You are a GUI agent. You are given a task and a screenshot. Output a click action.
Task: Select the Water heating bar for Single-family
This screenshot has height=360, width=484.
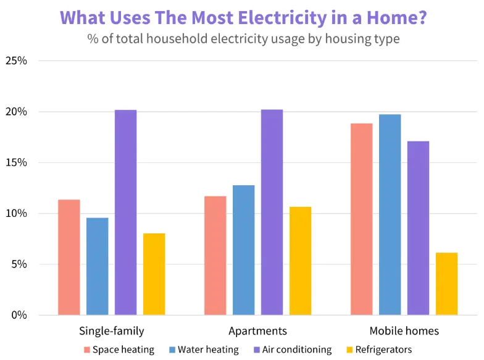pos(97,266)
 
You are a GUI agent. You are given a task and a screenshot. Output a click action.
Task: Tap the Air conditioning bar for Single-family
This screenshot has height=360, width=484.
pos(125,212)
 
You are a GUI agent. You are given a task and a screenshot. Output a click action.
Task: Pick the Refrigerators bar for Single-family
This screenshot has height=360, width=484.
pos(154,274)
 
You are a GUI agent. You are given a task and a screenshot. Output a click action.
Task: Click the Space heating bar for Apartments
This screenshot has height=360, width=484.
pos(215,256)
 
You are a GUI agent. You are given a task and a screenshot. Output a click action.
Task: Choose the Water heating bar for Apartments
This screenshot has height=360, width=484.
pos(243,250)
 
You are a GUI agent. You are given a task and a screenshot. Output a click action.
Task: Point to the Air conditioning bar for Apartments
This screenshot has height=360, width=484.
pos(272,212)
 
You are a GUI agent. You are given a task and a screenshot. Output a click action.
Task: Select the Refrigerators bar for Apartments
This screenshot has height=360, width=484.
pos(300,261)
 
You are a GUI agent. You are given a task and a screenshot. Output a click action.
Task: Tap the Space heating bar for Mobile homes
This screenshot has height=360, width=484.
pos(361,219)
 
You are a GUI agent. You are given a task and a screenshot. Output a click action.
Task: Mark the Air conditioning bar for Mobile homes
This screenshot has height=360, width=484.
pos(418,228)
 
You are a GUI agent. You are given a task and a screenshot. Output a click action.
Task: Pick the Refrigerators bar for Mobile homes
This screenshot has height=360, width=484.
pos(446,283)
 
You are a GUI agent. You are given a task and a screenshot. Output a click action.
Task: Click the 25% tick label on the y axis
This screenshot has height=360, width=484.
pos(16,61)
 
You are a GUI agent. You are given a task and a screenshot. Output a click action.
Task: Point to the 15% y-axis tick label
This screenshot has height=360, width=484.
pos(16,163)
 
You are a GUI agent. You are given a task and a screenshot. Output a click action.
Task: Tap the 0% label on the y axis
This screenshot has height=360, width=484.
pos(19,316)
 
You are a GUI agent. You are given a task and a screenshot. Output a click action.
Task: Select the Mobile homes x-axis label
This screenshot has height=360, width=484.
pos(404,331)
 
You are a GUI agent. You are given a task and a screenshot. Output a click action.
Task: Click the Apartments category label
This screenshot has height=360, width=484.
pos(257,331)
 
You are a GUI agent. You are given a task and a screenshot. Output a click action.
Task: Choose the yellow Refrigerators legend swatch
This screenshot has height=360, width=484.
pos(349,350)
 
